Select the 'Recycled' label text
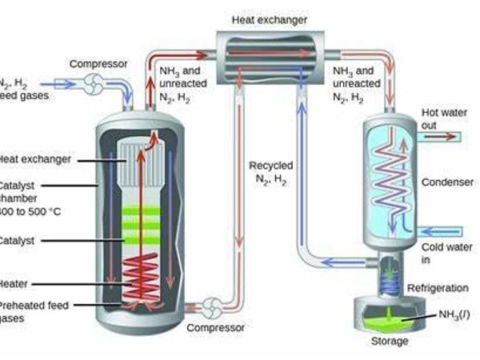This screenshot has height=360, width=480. pos(270,166)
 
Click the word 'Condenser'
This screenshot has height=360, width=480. pos(447,182)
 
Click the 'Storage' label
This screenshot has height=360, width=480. pos(390,342)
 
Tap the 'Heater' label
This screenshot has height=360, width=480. pos(16,282)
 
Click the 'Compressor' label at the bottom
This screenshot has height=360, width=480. pos(215,328)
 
